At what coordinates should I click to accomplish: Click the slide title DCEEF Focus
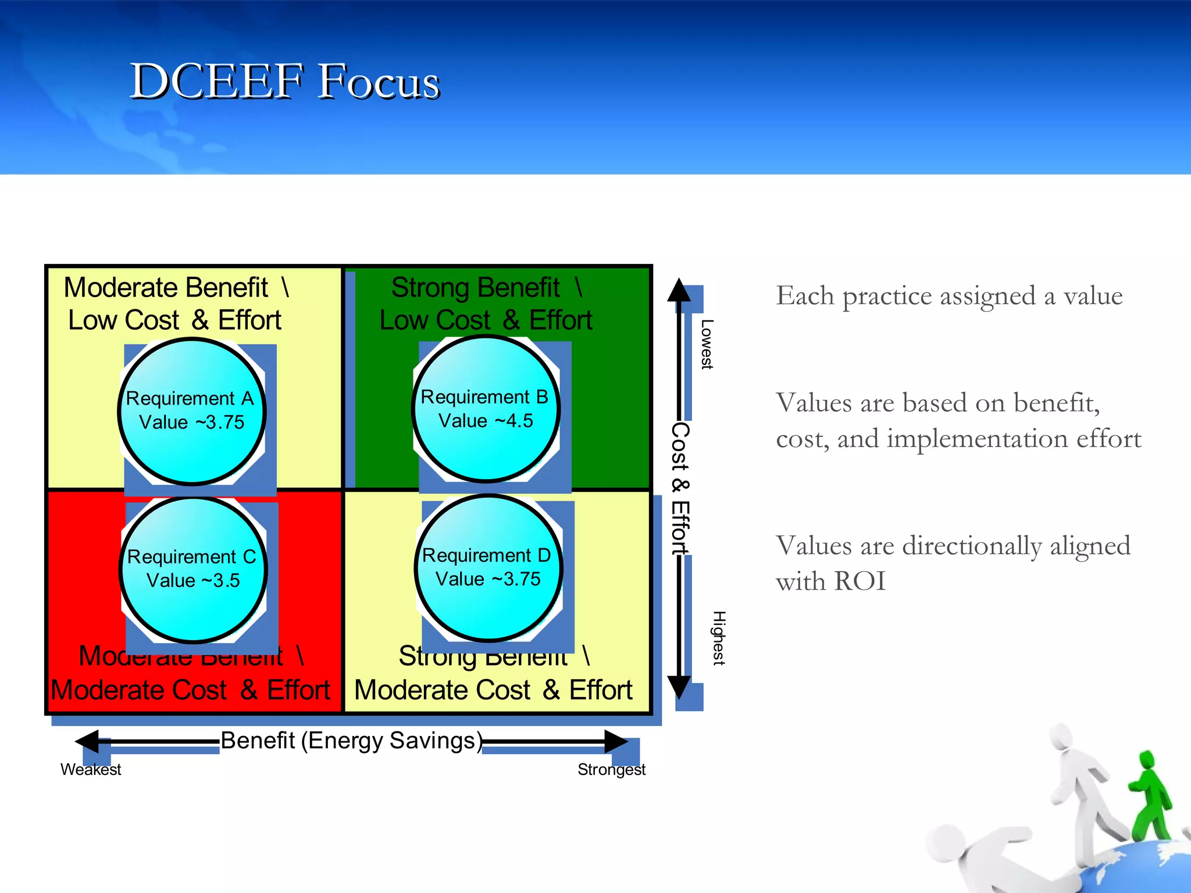pyautogui.click(x=284, y=81)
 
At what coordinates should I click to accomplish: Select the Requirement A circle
pyautogui.click(x=192, y=411)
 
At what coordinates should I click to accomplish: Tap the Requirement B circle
pyautogui.click(x=486, y=409)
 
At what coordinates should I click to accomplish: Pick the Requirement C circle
pyautogui.click(x=193, y=569)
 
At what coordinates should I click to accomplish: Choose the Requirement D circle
pyautogui.click(x=488, y=567)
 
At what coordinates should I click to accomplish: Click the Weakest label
pyautogui.click(x=91, y=769)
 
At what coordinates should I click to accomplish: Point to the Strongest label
pyautogui.click(x=611, y=769)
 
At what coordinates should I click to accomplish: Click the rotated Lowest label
pyautogui.click(x=707, y=344)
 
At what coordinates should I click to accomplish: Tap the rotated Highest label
pyautogui.click(x=719, y=638)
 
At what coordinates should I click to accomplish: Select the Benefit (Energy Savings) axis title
pyautogui.click(x=351, y=741)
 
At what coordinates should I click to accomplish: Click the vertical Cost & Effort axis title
pyautogui.click(x=680, y=488)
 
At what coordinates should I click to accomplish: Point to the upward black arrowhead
pyautogui.click(x=679, y=291)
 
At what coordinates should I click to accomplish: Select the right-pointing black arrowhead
pyautogui.click(x=615, y=742)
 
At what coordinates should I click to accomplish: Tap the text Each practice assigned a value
pyautogui.click(x=949, y=295)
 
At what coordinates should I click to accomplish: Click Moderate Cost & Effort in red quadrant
pyautogui.click(x=190, y=690)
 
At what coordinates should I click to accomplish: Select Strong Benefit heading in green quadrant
pyautogui.click(x=475, y=287)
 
